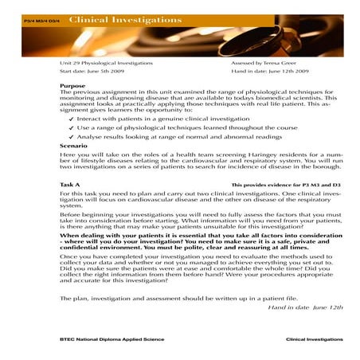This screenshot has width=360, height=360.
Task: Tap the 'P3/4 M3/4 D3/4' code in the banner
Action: point(41,20)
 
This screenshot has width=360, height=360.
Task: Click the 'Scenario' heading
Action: point(74,146)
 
